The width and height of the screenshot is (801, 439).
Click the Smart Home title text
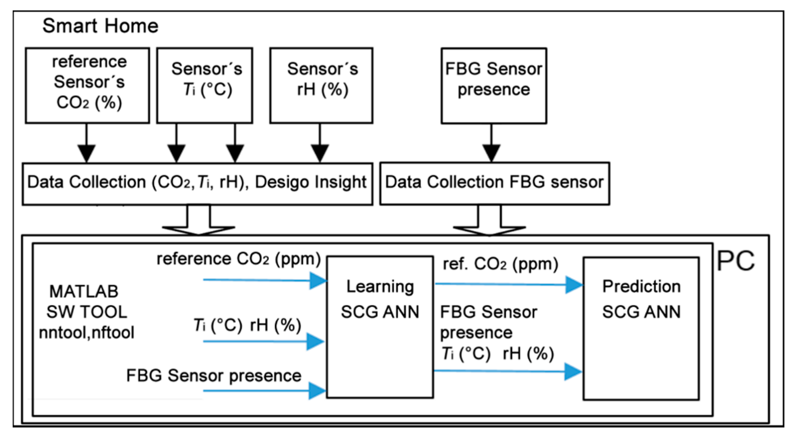click(x=100, y=25)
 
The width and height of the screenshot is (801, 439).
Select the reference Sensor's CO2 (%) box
click(x=87, y=85)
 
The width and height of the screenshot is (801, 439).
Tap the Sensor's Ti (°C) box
click(x=205, y=85)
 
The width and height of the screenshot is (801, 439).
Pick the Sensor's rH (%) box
click(x=321, y=85)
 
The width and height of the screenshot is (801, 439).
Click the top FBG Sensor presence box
click(x=494, y=85)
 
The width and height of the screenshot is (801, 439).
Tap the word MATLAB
click(x=84, y=292)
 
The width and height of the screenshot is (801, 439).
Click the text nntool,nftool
click(x=86, y=332)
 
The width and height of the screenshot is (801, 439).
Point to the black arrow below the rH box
click(x=320, y=152)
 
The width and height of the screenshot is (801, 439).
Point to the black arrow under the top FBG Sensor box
click(x=491, y=152)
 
